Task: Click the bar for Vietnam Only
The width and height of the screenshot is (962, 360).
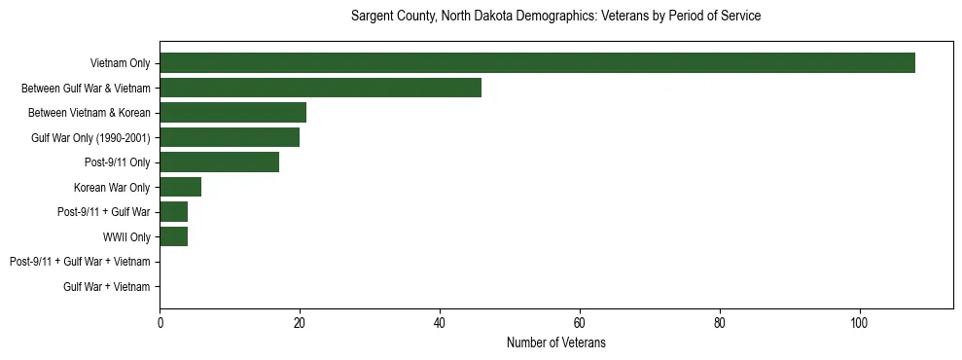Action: [x=537, y=63]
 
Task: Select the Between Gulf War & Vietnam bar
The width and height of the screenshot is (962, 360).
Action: [x=320, y=88]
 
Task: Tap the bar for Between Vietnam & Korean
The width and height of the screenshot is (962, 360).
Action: [x=232, y=113]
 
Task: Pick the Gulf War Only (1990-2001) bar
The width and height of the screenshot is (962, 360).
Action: [x=230, y=137]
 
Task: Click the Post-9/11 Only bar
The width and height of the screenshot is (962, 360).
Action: [x=219, y=162]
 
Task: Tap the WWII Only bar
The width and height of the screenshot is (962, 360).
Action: [x=173, y=236]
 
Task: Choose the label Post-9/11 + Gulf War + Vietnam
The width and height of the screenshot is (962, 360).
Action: [x=80, y=262]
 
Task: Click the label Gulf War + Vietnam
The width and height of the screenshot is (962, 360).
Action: [x=107, y=286]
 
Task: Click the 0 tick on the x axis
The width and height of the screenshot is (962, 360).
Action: [x=160, y=323]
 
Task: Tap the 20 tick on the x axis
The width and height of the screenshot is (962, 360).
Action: [x=300, y=323]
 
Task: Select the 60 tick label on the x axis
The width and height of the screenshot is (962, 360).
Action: [x=580, y=323]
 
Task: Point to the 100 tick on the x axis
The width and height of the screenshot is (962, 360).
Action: [x=859, y=323]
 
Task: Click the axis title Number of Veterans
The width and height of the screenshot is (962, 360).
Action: [x=556, y=342]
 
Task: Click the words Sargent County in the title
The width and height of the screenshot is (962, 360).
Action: [x=387, y=17]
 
